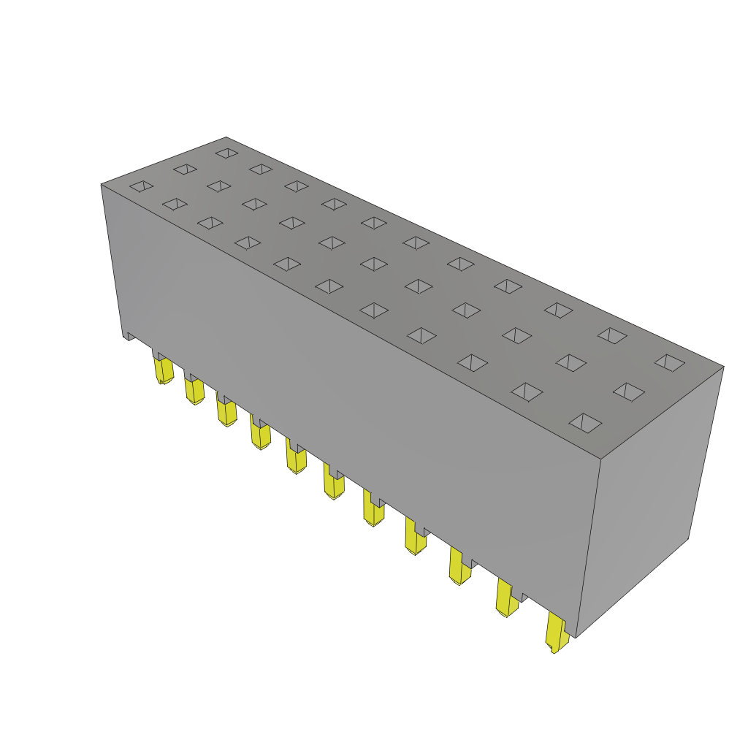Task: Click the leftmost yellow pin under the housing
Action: point(164,370)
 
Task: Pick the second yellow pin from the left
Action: point(194,391)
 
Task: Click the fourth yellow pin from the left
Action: point(261,435)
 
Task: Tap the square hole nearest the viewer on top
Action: point(585,423)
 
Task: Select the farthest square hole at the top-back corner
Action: point(227,153)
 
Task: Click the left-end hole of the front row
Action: point(142,186)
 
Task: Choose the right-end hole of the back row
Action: point(670,362)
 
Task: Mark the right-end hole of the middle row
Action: point(629,392)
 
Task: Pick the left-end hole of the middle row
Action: point(186,169)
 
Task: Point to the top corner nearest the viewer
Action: point(600,459)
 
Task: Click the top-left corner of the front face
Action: point(102,185)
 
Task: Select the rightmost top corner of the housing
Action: point(723,367)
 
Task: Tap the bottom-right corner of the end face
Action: point(687,539)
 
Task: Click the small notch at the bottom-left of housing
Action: point(129,337)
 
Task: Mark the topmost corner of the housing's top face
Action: point(226,137)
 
